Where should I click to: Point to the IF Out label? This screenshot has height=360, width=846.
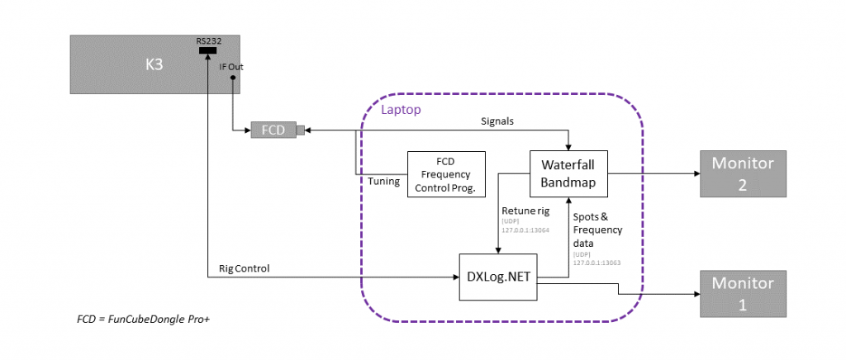[231, 67]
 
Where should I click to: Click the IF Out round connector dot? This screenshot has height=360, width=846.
[234, 78]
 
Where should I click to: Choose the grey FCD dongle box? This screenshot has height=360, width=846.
[273, 130]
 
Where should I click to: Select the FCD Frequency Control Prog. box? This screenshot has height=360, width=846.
[446, 174]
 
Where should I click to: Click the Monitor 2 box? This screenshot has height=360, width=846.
[741, 174]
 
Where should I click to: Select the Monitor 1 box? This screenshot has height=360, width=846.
[741, 292]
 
